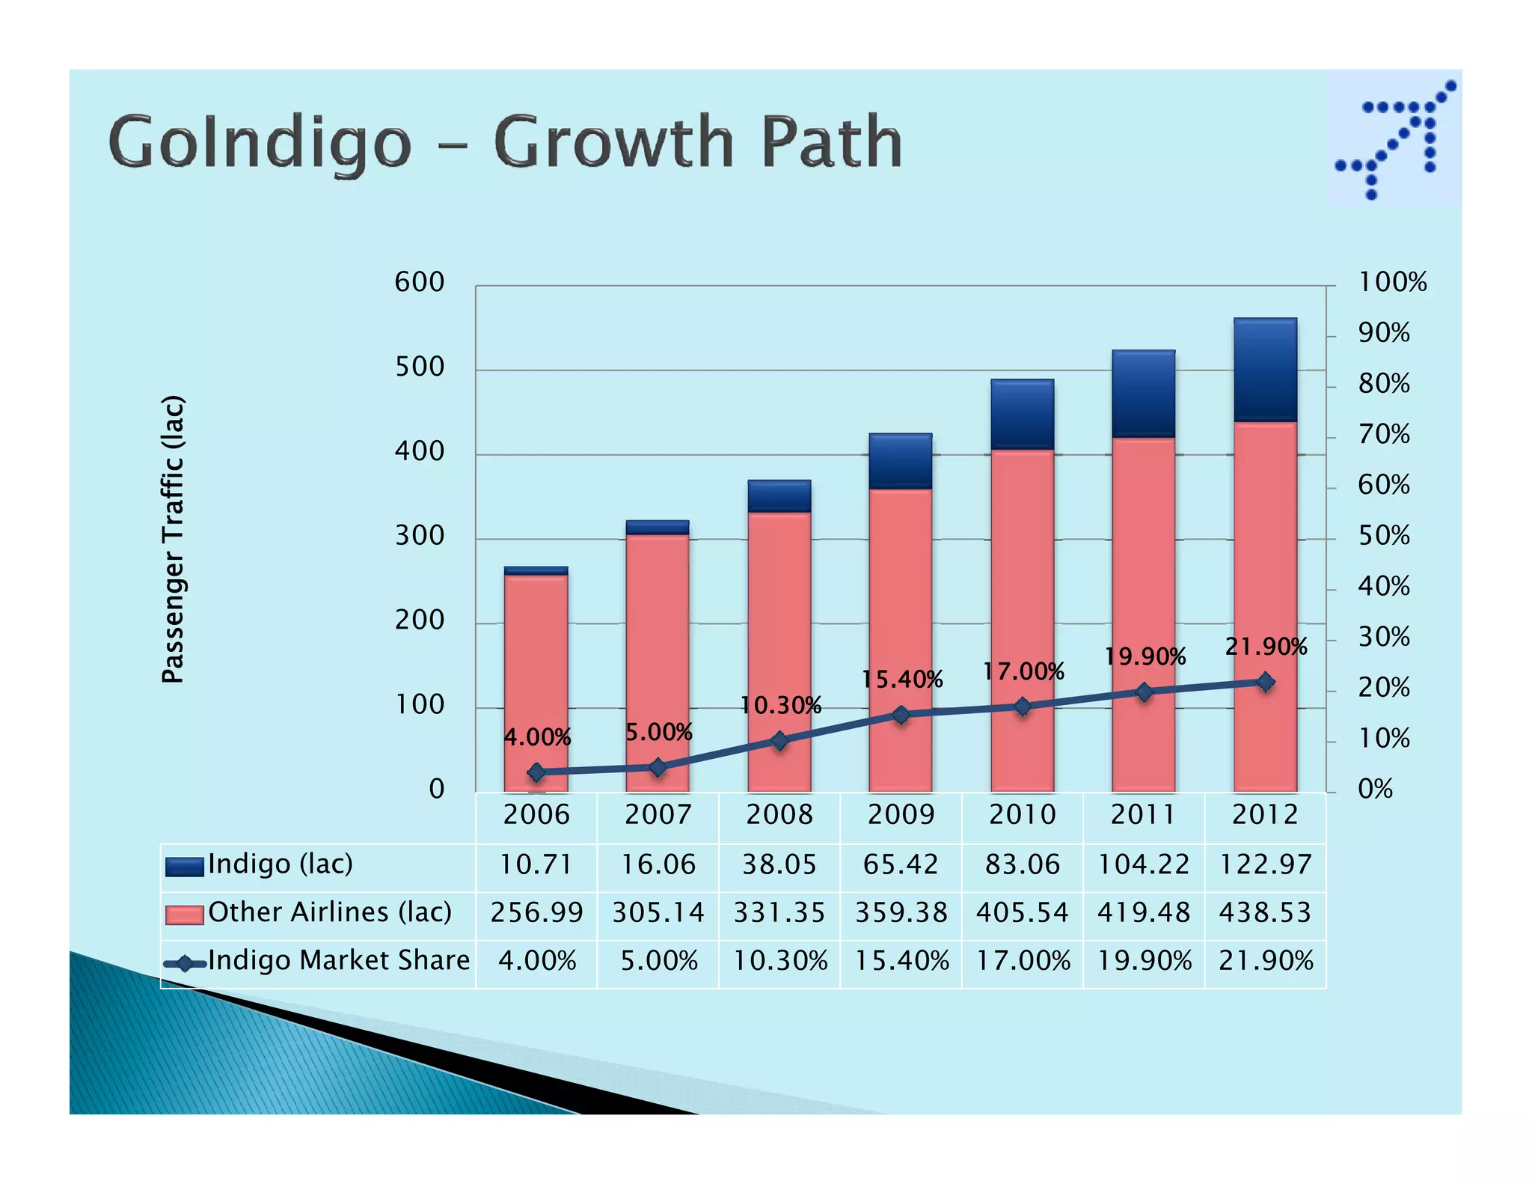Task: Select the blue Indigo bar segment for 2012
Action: (1265, 370)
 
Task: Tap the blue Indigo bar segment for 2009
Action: (901, 461)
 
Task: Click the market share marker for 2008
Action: (779, 741)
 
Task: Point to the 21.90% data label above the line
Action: (1266, 647)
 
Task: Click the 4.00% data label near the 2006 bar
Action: (537, 737)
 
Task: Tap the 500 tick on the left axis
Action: (420, 367)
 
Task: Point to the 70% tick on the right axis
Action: (1384, 434)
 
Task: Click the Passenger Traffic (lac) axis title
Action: (173, 539)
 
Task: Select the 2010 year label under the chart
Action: (1022, 814)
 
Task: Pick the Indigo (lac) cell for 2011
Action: (1143, 864)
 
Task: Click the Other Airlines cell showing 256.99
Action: (536, 912)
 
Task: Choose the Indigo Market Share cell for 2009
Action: (901, 960)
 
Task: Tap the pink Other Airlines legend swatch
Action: (184, 914)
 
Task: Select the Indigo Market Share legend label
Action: (339, 960)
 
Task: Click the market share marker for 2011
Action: (1144, 692)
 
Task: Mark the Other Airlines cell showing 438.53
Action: (1265, 912)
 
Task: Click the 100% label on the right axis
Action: (1392, 282)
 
